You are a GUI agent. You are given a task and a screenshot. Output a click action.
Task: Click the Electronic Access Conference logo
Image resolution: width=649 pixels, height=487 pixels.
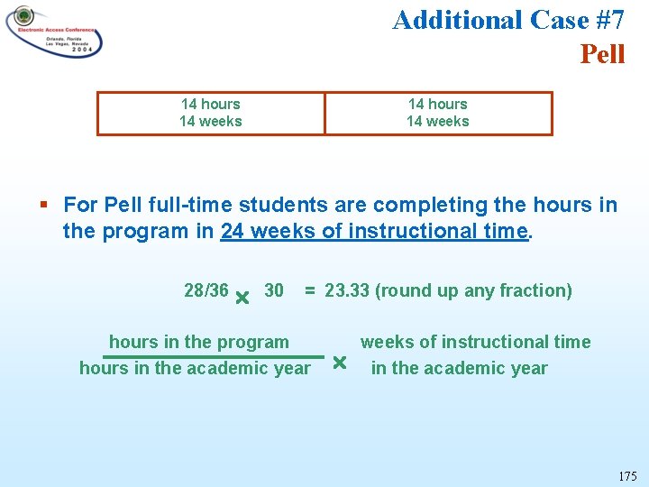[54, 32]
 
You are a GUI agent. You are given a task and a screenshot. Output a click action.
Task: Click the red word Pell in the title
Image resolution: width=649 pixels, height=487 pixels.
[602, 54]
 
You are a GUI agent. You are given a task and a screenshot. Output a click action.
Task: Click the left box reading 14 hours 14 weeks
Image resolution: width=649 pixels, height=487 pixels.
[210, 113]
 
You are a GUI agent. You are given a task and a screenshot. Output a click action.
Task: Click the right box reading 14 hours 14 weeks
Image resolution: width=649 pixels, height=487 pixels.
[438, 113]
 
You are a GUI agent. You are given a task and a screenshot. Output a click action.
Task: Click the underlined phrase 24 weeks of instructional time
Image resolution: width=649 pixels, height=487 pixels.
[375, 231]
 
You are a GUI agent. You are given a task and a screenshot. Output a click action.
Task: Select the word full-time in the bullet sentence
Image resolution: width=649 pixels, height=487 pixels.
[219, 205]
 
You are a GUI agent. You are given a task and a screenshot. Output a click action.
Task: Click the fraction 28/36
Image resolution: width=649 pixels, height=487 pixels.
[206, 290]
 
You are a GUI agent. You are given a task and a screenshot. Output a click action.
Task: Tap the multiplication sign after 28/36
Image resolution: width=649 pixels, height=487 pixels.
[242, 297]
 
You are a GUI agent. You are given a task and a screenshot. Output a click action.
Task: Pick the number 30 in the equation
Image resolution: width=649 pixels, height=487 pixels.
[274, 290]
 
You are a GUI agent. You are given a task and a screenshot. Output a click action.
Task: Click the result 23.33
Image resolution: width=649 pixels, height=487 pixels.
[347, 290]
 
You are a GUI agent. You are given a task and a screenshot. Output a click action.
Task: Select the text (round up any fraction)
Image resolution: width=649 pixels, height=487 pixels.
[473, 290]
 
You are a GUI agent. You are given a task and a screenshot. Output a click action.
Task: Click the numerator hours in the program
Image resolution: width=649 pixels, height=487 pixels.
[199, 342]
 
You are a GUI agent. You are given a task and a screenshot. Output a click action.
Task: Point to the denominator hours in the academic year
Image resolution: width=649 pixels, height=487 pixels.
[195, 368]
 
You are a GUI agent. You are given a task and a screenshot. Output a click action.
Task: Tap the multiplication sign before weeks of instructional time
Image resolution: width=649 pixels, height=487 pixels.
[339, 363]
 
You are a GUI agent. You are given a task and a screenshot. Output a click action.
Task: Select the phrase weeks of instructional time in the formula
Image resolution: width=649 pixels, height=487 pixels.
[475, 342]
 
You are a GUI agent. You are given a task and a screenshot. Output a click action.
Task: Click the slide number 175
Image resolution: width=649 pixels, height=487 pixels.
[627, 475]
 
